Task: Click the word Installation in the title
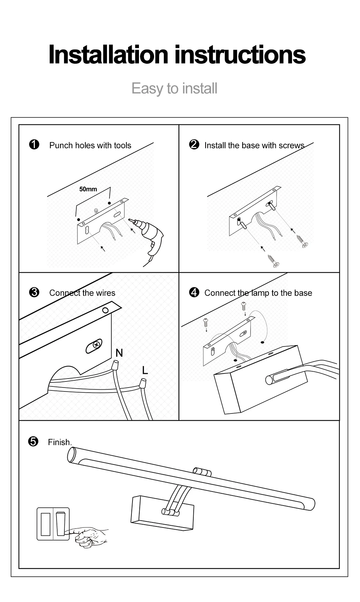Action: tap(108, 55)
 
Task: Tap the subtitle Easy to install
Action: tap(174, 89)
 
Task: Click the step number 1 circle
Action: tap(34, 145)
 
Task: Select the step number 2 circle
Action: tap(194, 145)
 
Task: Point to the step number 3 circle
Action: tap(34, 292)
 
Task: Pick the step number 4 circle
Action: tap(194, 292)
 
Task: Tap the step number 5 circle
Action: tap(33, 441)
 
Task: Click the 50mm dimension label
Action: tap(88, 189)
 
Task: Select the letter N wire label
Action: tap(119, 353)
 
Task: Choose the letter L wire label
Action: tap(145, 370)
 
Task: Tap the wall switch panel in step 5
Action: tap(53, 524)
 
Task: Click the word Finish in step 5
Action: tap(60, 442)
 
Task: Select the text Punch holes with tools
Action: tap(90, 145)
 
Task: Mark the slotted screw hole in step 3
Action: tap(94, 346)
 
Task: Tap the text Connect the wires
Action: tap(82, 293)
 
